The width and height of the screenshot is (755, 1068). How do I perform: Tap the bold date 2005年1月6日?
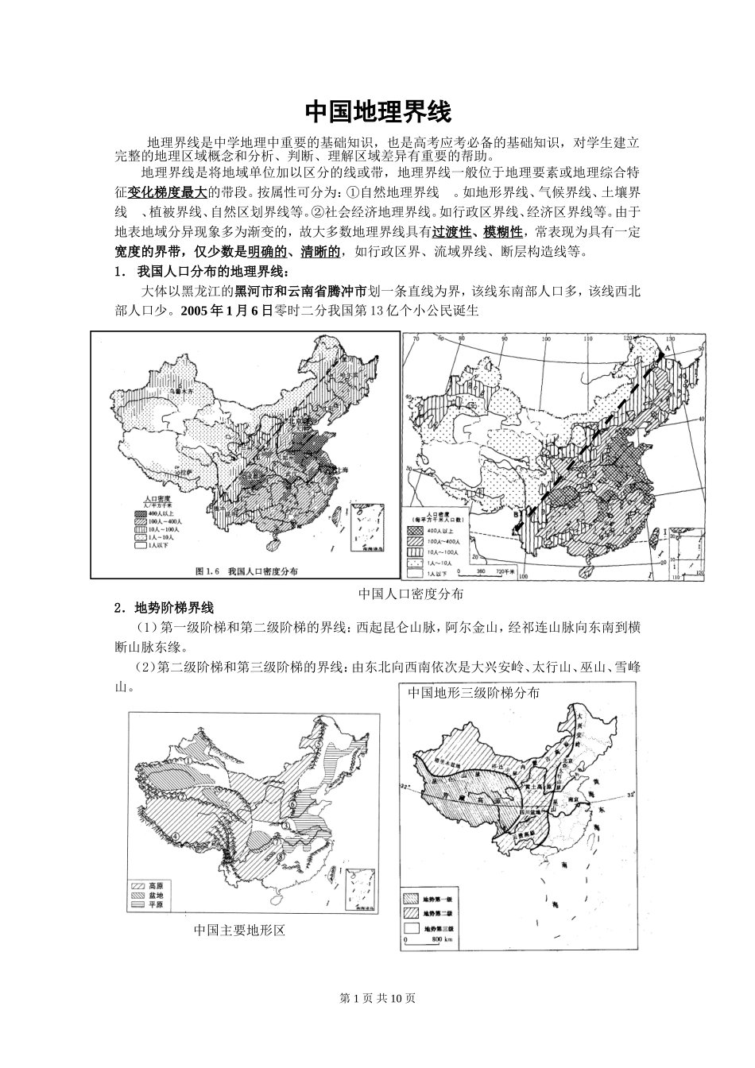point(226,311)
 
